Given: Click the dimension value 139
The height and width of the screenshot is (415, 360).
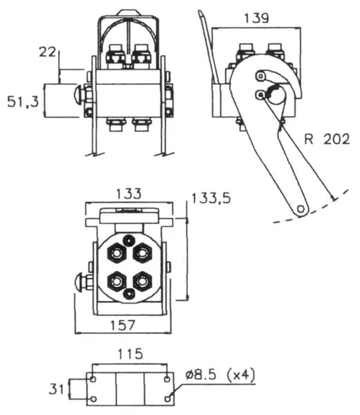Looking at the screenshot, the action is [256, 18].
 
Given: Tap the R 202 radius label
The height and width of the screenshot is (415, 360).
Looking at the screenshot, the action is [327, 139].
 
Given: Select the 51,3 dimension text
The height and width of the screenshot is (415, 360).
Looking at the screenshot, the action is [23, 102].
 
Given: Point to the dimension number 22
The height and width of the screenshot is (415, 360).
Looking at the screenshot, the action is [48, 52].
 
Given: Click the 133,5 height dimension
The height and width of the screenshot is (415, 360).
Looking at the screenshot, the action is [211, 199].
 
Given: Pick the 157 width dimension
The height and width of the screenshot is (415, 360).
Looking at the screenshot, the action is [122, 325].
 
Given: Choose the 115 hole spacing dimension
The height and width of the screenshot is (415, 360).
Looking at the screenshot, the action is [130, 354].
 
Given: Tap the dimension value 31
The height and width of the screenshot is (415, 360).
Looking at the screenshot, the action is [57, 389].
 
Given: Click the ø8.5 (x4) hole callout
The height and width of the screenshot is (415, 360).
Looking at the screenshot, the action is [220, 375].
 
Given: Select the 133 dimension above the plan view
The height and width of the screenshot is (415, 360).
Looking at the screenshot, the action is [129, 194].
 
